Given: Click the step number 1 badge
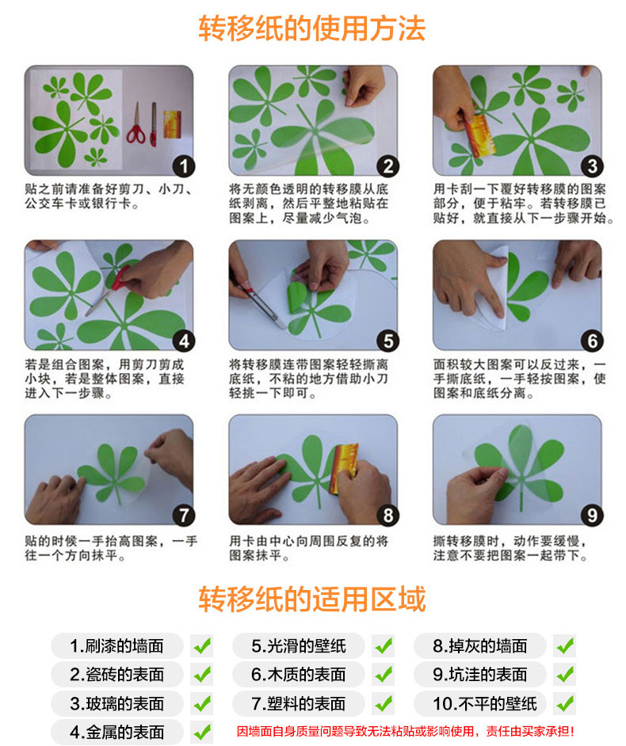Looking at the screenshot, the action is pyautogui.click(x=184, y=166).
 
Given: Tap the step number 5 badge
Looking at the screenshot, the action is pyautogui.click(x=388, y=341).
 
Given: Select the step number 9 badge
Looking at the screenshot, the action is pyautogui.click(x=592, y=516).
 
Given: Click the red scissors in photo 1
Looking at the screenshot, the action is pyautogui.click(x=136, y=124).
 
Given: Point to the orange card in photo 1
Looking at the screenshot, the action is pyautogui.click(x=172, y=124).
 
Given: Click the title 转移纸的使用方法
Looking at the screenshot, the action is pyautogui.click(x=311, y=29).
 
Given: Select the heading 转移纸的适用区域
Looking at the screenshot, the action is pyautogui.click(x=311, y=599).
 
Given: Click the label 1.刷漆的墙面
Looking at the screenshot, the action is pyautogui.click(x=116, y=646).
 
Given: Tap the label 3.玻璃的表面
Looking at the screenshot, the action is pyautogui.click(x=116, y=704).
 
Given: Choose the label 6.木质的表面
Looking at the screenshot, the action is pyautogui.click(x=299, y=675).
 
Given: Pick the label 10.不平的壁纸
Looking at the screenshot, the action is pyautogui.click(x=485, y=704).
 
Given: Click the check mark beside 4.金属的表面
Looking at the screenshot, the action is pyautogui.click(x=202, y=733).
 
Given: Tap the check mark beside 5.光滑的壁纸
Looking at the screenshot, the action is pyautogui.click(x=384, y=646).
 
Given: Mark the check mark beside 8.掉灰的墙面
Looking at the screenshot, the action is pyautogui.click(x=565, y=646).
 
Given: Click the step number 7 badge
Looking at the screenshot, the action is pyautogui.click(x=184, y=516).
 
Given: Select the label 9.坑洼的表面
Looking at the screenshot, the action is pyautogui.click(x=480, y=675).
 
